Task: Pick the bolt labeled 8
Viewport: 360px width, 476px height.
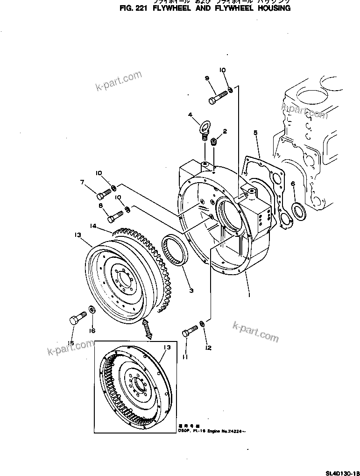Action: coord(114,216)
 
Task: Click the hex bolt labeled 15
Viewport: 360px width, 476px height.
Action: coord(76,319)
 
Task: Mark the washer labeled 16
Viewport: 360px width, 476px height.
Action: coord(91,309)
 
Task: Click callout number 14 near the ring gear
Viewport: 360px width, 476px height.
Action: coord(93,227)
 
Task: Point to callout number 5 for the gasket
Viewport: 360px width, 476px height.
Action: coord(255,133)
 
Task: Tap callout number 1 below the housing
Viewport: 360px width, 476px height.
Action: coord(249,295)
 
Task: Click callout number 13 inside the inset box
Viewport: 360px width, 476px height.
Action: coord(167,348)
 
